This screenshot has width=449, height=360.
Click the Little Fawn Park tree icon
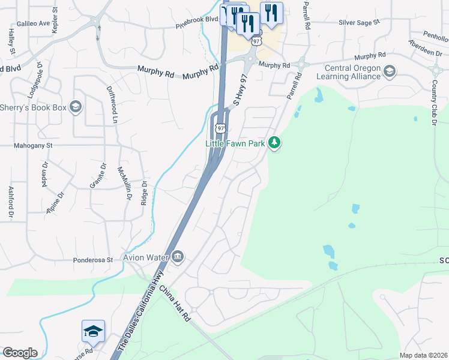[274, 143]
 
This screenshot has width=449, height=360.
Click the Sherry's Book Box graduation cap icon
[76, 107]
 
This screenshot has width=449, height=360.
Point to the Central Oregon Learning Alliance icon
[389, 72]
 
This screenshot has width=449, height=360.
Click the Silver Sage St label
[360, 22]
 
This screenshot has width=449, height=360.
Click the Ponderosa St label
[93, 260]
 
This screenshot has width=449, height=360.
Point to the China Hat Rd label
[175, 304]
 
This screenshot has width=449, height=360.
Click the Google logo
[20, 353]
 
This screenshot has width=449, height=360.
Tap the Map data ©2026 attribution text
[423, 355]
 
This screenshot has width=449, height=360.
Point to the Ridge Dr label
[144, 194]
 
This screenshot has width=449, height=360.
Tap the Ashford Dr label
[11, 202]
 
